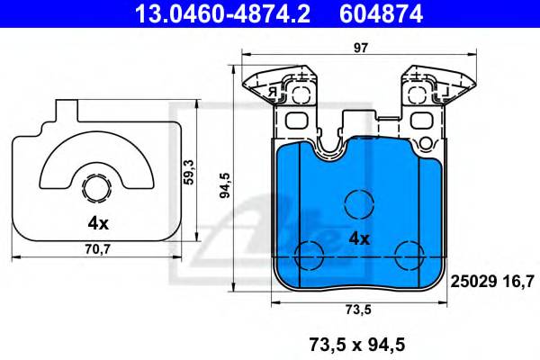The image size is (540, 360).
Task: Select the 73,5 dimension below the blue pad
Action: pos(359,310)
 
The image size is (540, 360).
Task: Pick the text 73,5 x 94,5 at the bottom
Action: pos(359,342)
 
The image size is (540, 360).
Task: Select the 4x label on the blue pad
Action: pos(360,238)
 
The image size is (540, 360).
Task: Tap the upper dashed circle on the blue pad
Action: pos(359,202)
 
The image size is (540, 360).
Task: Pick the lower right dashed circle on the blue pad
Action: pos(410,254)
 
